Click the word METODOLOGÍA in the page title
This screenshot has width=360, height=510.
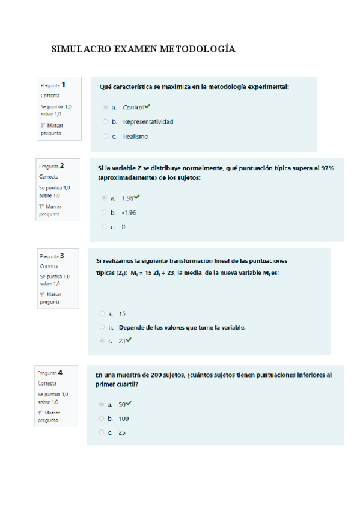click(x=197, y=49)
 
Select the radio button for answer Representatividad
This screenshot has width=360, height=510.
click(x=106, y=122)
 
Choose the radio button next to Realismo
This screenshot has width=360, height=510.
click(x=106, y=137)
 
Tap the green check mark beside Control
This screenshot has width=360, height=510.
click(x=148, y=107)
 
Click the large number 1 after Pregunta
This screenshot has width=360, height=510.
click(x=64, y=85)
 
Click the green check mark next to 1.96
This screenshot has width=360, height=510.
click(x=137, y=197)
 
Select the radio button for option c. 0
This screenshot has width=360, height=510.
click(x=104, y=227)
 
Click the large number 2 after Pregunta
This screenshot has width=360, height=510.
click(x=62, y=165)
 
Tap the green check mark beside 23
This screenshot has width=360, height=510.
click(x=129, y=340)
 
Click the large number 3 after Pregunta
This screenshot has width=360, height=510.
click(x=62, y=255)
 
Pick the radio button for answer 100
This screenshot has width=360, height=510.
click(x=102, y=418)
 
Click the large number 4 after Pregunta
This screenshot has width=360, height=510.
click(x=60, y=372)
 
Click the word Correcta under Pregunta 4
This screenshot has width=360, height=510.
click(x=47, y=382)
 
